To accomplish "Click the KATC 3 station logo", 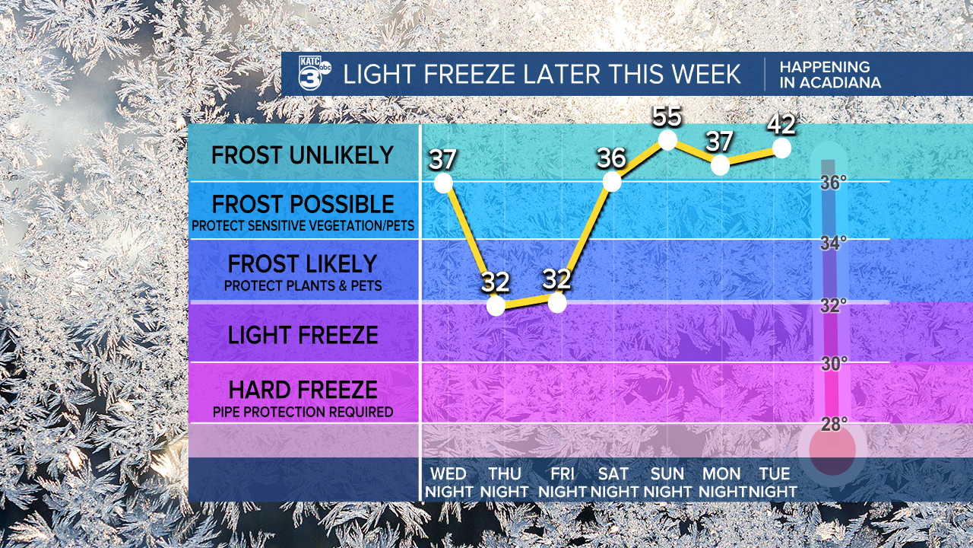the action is pyautogui.click(x=315, y=73).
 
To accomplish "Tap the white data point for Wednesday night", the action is pyautogui.click(x=443, y=183).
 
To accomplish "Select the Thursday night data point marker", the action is pyautogui.click(x=496, y=306).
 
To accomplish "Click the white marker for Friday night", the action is pyautogui.click(x=557, y=303).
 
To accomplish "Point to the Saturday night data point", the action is pyautogui.click(x=612, y=181).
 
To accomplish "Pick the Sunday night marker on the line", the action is pyautogui.click(x=667, y=140).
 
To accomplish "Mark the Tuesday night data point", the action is pyautogui.click(x=782, y=148).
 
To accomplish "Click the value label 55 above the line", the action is pyautogui.click(x=667, y=116).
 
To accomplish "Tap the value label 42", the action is pyautogui.click(x=781, y=125).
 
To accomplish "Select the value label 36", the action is pyautogui.click(x=612, y=158).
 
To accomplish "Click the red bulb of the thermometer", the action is pyautogui.click(x=832, y=451).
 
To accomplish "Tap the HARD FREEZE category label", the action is pyautogui.click(x=303, y=390).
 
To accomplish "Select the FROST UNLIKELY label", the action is pyautogui.click(x=303, y=155).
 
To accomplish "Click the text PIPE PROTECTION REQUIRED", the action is pyautogui.click(x=303, y=412).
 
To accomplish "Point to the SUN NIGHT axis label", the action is pyautogui.click(x=667, y=483).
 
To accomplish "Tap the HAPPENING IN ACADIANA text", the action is pyautogui.click(x=830, y=75).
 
